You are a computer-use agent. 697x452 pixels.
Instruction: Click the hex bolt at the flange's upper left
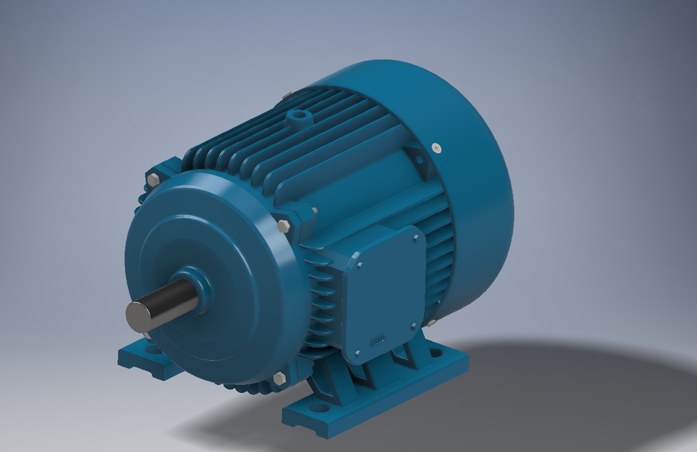coord(152,180)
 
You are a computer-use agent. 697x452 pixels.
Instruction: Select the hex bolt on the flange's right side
coord(284,226)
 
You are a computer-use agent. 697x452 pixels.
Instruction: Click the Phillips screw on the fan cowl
coord(437,148)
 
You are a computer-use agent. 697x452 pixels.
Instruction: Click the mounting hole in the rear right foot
coord(436,353)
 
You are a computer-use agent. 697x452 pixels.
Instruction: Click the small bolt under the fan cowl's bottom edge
coord(431,322)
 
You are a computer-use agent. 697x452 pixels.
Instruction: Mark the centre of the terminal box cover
coord(385,295)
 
